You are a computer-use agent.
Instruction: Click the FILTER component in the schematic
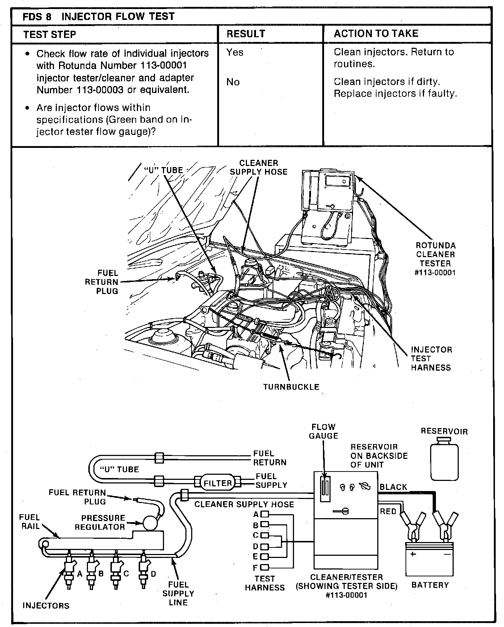(x=218, y=483)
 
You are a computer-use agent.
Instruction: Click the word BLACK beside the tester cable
(x=394, y=487)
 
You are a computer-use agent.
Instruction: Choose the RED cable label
(x=388, y=511)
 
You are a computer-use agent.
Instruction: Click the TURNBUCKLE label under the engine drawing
(x=291, y=387)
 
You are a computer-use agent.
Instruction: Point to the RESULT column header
(x=246, y=34)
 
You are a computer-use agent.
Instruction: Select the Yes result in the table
(x=235, y=52)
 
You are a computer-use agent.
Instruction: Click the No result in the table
(x=233, y=82)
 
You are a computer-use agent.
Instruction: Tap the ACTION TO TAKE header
(x=376, y=34)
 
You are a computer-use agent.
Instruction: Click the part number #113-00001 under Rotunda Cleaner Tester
(x=435, y=273)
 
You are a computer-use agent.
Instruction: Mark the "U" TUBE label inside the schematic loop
(x=119, y=470)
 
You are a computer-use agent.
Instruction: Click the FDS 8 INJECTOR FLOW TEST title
(x=98, y=17)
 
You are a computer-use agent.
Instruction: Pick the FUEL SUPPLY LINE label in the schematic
(x=178, y=593)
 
